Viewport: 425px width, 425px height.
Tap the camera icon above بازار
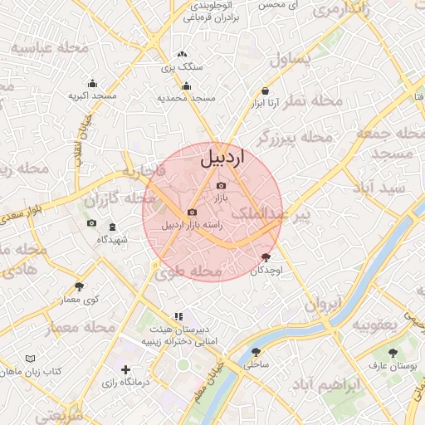(221, 186)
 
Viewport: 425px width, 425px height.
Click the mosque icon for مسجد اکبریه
(92, 83)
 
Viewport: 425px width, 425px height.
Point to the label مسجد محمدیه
(187, 98)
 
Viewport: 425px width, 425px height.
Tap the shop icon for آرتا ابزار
(265, 91)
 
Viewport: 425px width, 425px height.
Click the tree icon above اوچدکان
(266, 257)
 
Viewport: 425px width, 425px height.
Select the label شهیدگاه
(112, 239)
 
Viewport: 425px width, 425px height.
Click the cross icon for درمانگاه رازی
(125, 369)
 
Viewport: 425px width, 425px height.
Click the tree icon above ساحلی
(252, 351)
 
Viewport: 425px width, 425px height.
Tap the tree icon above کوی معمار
(79, 287)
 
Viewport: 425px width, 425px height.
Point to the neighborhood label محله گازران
(120, 200)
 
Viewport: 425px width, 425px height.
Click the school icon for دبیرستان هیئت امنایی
(178, 316)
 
